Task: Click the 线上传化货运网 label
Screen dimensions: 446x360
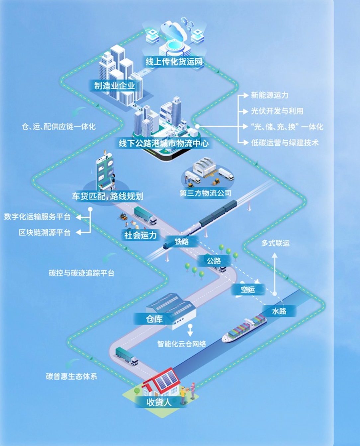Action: coord(174,61)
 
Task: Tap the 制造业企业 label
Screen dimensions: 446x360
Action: coord(115,86)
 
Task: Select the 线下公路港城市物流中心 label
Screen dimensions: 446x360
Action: coord(164,143)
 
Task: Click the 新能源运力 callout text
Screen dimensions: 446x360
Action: coord(269,95)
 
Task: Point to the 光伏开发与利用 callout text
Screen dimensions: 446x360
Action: coord(277,111)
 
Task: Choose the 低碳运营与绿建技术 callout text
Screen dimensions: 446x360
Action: coord(285,143)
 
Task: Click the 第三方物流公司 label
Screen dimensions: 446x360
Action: coord(206,193)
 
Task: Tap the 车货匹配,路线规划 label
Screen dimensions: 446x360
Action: coord(108,196)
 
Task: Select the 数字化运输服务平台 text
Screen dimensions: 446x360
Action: coord(37,217)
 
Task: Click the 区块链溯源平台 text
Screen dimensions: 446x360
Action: coord(45,233)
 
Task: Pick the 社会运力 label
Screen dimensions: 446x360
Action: coord(140,235)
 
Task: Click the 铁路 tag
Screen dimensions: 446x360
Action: coord(182,242)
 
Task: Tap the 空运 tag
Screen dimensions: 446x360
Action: coord(248,289)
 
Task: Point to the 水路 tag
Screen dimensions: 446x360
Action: coord(279,311)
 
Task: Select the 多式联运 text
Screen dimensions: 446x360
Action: coord(275,243)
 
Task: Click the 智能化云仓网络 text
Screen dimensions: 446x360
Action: coord(182,344)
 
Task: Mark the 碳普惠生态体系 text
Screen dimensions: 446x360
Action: coord(71,376)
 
